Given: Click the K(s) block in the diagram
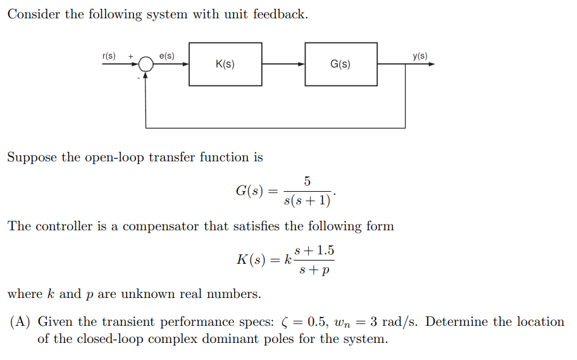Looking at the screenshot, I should tap(225, 64).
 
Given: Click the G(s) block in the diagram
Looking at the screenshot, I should tap(341, 64).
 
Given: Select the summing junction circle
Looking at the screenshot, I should tap(146, 64).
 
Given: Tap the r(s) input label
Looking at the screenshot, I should tap(109, 56).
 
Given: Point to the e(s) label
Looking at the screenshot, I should tap(167, 56).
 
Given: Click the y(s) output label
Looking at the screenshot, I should tap(420, 56).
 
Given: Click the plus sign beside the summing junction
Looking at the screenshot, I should tap(131, 56).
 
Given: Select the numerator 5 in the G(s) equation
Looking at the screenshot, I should tap(307, 182).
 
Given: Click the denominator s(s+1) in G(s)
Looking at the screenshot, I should tap(307, 201).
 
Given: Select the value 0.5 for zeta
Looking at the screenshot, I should tap(319, 322).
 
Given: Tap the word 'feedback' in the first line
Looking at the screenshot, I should tap(280, 14).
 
